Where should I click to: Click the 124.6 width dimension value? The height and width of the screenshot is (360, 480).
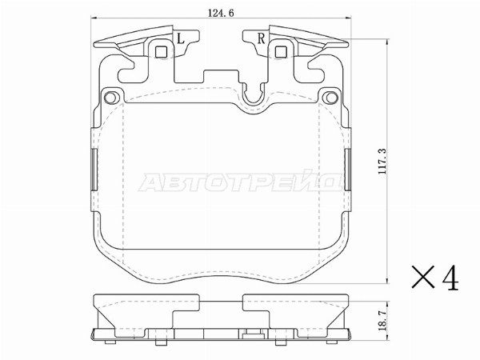coord(221,13)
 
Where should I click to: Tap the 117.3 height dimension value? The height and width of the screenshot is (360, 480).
coord(382,162)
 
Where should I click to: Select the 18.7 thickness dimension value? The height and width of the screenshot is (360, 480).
coord(382,320)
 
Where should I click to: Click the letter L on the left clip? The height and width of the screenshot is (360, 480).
coord(181,39)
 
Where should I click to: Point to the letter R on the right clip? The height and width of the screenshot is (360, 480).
coord(261,39)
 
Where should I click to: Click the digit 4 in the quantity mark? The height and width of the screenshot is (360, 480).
coord(450,278)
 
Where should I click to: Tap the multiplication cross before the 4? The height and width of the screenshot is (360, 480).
coord(423,277)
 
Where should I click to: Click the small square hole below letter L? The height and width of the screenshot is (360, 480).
coord(161,52)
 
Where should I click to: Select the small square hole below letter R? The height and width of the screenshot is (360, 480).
coord(281,52)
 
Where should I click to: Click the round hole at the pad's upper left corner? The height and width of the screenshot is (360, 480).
coord(110,98)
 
